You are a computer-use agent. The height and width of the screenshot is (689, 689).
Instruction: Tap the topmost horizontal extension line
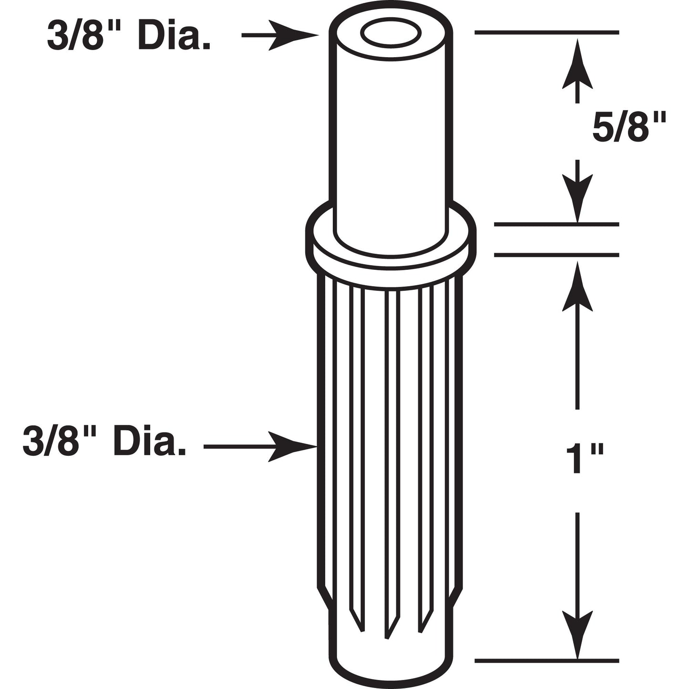tap(546, 32)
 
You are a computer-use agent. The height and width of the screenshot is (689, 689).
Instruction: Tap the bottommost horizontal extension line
tap(546, 661)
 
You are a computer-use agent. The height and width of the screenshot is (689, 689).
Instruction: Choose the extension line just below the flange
tap(556, 255)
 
